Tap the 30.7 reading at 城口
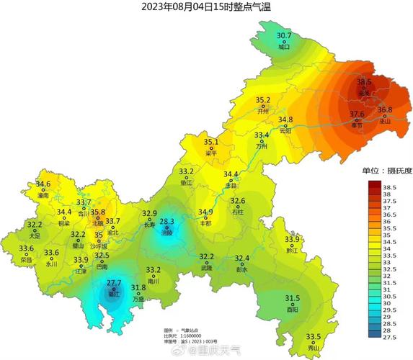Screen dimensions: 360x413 coord(285,35)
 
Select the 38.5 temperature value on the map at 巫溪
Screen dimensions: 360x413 coord(364,83)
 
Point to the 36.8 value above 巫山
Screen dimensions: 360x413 coord(385,110)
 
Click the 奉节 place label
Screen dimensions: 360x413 coord(358,124)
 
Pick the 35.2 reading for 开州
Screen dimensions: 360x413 coord(263,101)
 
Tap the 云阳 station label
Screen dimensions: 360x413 coord(285,130)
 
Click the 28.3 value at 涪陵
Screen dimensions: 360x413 coord(167,222)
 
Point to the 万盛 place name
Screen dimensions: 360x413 coord(138,298)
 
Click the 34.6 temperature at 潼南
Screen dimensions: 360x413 coord(43,185)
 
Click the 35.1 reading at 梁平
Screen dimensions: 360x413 coord(211,143)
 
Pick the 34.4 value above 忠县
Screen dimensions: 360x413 coord(231,175)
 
